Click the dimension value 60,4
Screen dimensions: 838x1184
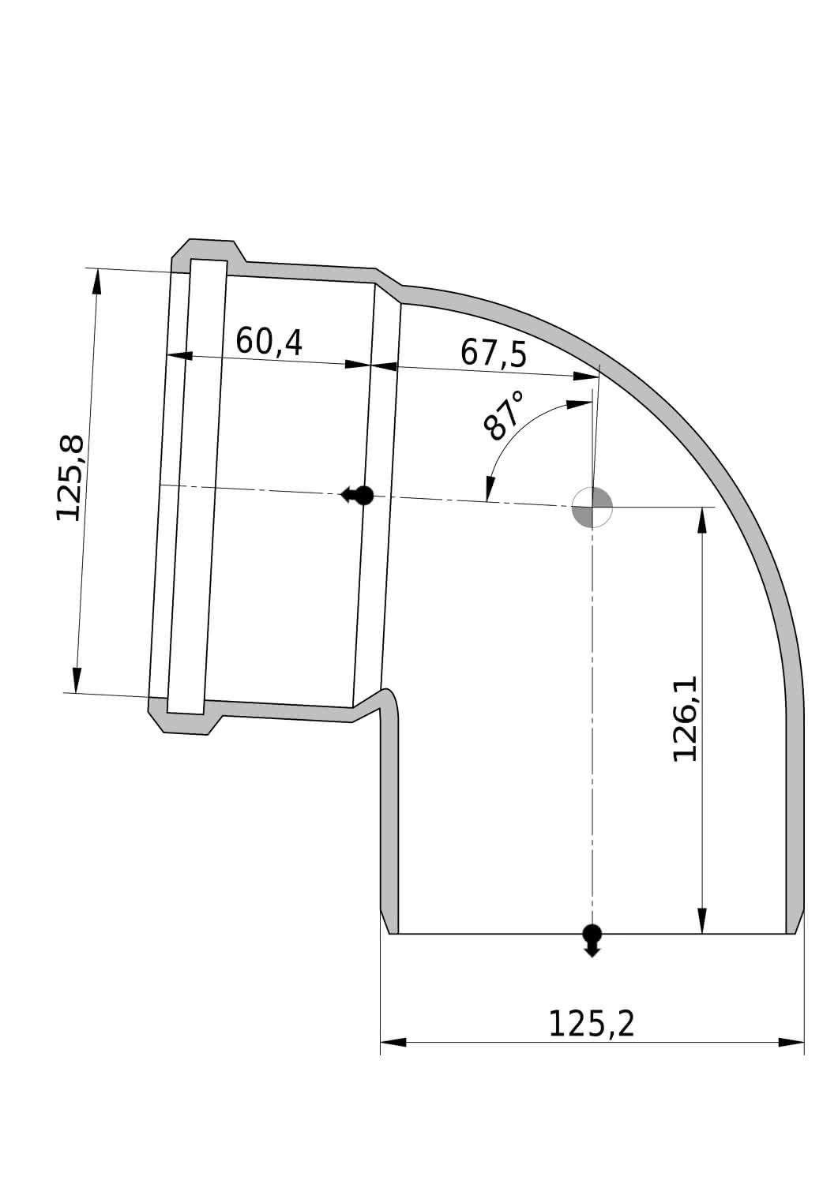pyautogui.click(x=269, y=342)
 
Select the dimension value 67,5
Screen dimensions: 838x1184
pyautogui.click(x=494, y=353)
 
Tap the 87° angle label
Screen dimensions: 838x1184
pyautogui.click(x=503, y=416)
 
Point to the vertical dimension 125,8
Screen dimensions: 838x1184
pyautogui.click(x=70, y=478)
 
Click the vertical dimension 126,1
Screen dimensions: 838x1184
pyautogui.click(x=685, y=719)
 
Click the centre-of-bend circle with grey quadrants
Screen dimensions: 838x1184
pyautogui.click(x=592, y=507)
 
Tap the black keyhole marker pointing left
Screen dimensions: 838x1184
pyautogui.click(x=357, y=496)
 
